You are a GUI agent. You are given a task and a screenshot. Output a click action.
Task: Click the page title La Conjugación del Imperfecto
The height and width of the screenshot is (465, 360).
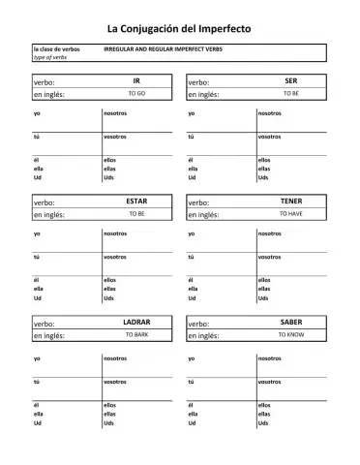[x=179, y=29]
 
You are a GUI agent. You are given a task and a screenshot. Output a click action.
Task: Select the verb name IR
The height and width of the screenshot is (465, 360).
[x=136, y=80]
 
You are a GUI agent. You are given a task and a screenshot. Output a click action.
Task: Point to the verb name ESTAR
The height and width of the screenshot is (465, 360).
[x=136, y=201]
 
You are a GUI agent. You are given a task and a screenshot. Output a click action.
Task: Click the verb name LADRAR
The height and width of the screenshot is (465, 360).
[x=136, y=322]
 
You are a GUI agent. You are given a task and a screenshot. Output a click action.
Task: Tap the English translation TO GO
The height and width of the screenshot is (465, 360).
[x=136, y=93]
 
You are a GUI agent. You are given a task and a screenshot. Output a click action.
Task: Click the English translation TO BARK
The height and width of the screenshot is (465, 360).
[x=136, y=334]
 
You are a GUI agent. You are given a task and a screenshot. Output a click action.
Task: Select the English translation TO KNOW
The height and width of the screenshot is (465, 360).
[x=290, y=334]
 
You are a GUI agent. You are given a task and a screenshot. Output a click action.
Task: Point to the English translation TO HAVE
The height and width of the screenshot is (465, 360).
[x=290, y=213]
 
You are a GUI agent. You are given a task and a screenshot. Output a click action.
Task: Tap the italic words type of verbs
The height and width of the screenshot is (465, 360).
[x=48, y=57]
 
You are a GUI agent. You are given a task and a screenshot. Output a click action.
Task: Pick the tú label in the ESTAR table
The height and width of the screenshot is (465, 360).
[x=36, y=257]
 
